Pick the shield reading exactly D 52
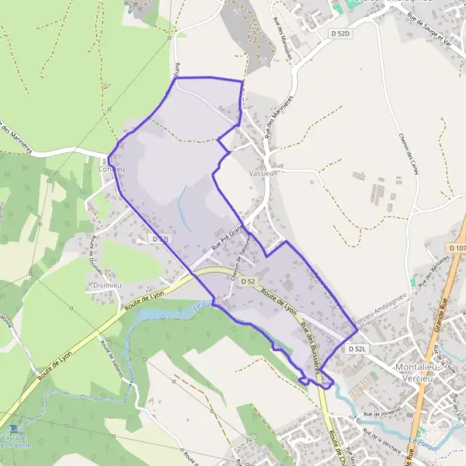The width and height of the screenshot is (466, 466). pos(248,281)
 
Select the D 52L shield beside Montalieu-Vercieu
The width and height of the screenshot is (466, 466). pos(356,349)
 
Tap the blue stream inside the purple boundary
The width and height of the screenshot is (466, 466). pos(181,203)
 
